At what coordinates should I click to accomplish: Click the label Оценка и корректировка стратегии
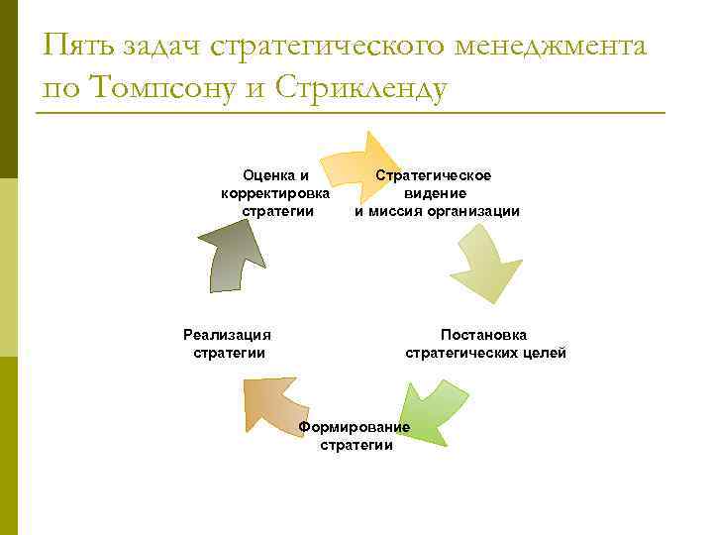[x=276, y=193]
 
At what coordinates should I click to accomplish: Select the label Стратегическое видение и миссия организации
[x=437, y=193]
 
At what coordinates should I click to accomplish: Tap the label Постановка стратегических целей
[x=485, y=344]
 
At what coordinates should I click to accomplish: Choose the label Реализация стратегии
[x=228, y=344]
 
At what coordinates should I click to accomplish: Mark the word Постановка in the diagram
[x=484, y=335]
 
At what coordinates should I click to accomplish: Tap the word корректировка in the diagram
[x=276, y=193]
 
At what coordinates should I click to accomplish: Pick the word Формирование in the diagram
[x=354, y=427]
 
